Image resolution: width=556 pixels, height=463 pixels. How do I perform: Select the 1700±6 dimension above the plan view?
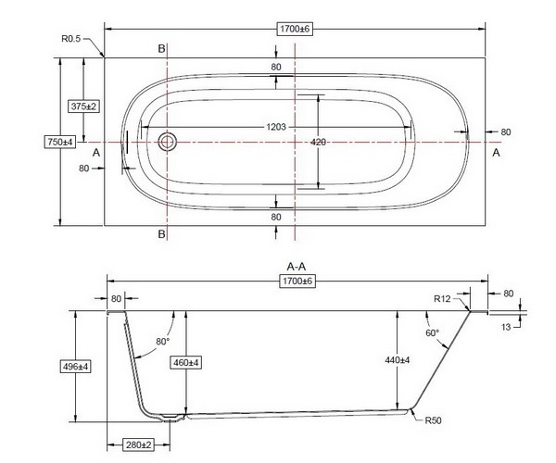click(297, 30)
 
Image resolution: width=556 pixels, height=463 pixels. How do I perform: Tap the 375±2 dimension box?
click(84, 106)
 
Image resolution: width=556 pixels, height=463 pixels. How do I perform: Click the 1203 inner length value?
click(275, 126)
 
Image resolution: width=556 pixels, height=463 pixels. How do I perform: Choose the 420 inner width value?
click(319, 142)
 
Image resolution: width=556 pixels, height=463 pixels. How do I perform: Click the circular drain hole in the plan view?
click(168, 142)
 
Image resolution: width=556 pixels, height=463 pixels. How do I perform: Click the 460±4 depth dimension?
click(187, 362)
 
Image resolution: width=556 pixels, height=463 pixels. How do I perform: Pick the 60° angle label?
click(432, 332)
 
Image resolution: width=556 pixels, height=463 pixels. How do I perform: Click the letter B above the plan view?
click(162, 46)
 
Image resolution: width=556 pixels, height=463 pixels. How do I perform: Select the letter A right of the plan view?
click(497, 152)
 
